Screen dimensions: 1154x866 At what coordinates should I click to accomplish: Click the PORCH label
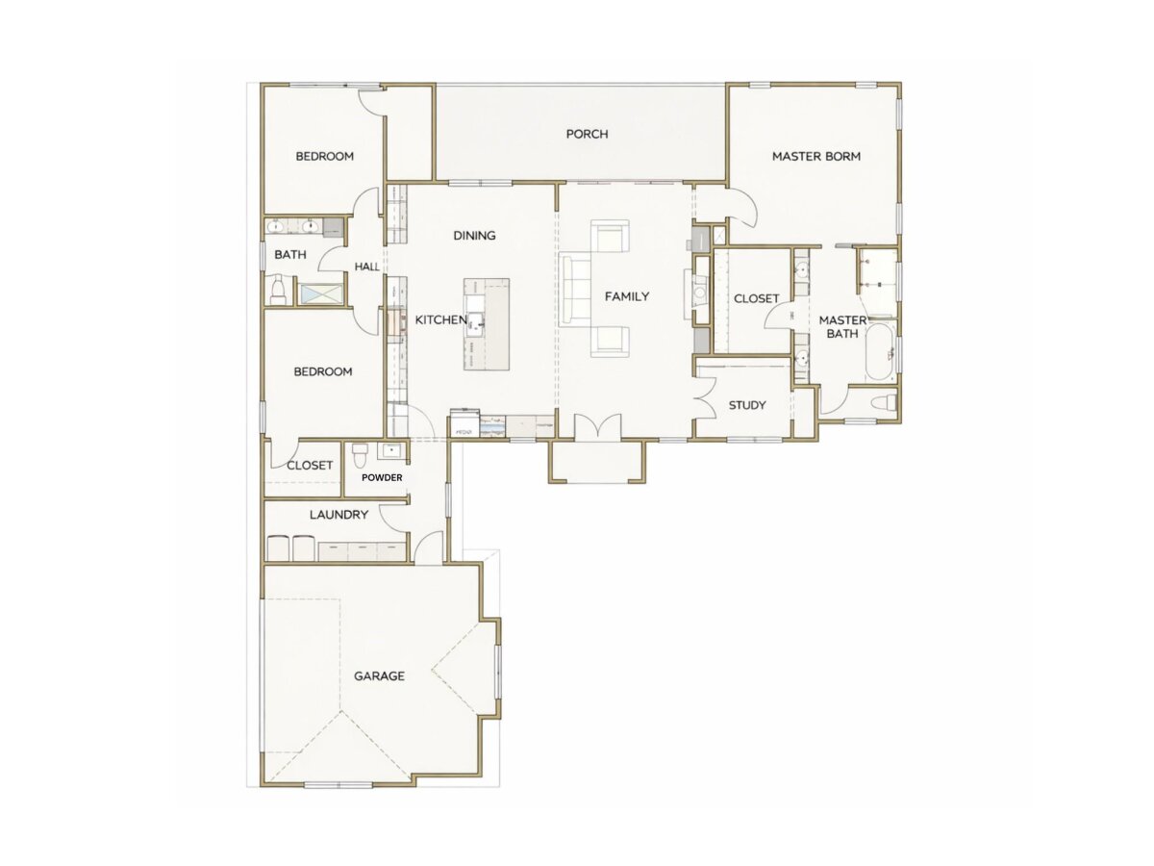coord(587,134)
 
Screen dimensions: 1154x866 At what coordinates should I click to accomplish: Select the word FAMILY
coord(627,296)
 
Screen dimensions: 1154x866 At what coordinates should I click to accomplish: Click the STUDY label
coord(747,405)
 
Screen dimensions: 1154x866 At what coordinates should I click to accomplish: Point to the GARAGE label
coord(379,676)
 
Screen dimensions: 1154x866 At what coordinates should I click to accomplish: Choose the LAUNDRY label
coord(339,515)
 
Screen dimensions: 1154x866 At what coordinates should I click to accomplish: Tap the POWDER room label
coord(382,478)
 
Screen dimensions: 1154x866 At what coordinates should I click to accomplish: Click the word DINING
coord(474,236)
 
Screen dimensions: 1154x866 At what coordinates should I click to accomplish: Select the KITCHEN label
coord(441,319)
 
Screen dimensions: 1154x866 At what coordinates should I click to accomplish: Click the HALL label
coord(367,267)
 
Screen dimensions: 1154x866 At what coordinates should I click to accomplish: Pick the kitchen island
coord(487,324)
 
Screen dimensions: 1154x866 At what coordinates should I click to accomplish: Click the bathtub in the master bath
coord(880,353)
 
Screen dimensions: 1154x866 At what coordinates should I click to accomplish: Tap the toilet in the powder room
coord(360,455)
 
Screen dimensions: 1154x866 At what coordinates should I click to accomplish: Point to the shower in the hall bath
coord(320,293)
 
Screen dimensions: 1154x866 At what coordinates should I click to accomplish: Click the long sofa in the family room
coord(575,288)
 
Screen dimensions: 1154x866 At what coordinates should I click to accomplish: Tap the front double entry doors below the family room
coord(598,427)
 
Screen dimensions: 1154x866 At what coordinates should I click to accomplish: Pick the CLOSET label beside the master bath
coord(756,298)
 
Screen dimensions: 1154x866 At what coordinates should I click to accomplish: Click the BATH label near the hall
coord(290,255)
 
